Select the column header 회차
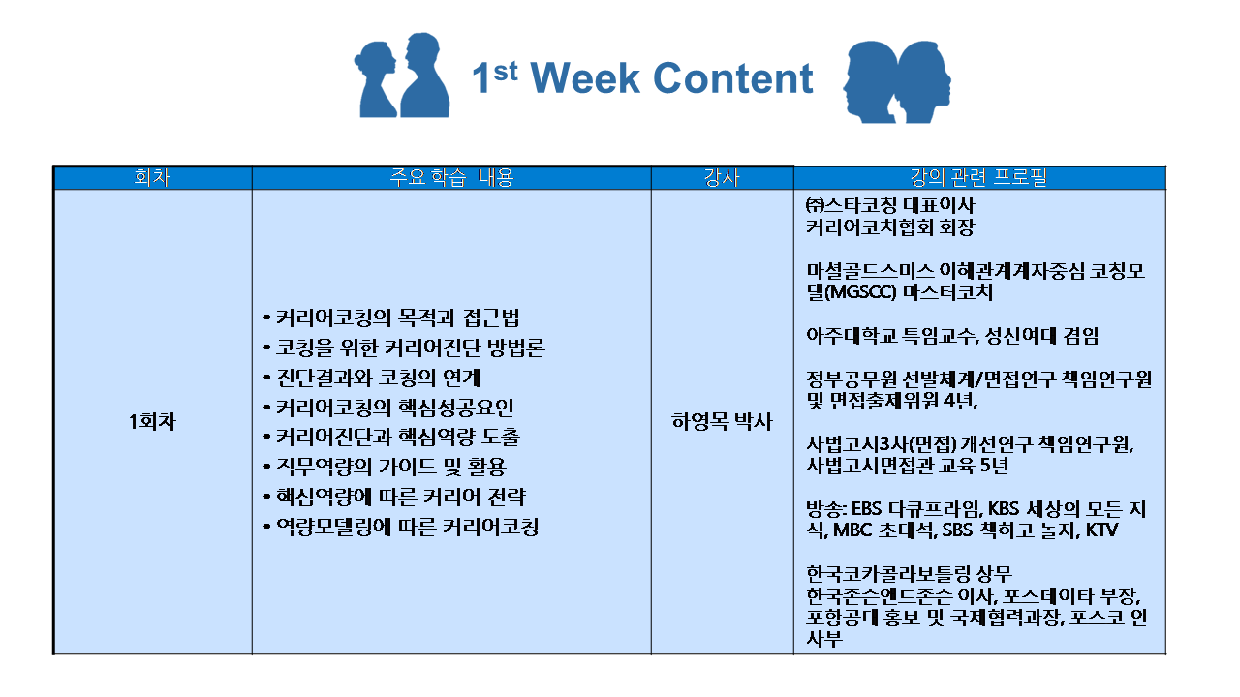pos(152,178)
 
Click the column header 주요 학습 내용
pos(451,178)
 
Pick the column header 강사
pos(722,178)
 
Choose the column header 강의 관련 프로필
pos(978,178)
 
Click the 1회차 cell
pos(152,422)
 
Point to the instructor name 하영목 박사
pos(722,422)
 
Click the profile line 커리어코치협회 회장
pos(889,228)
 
